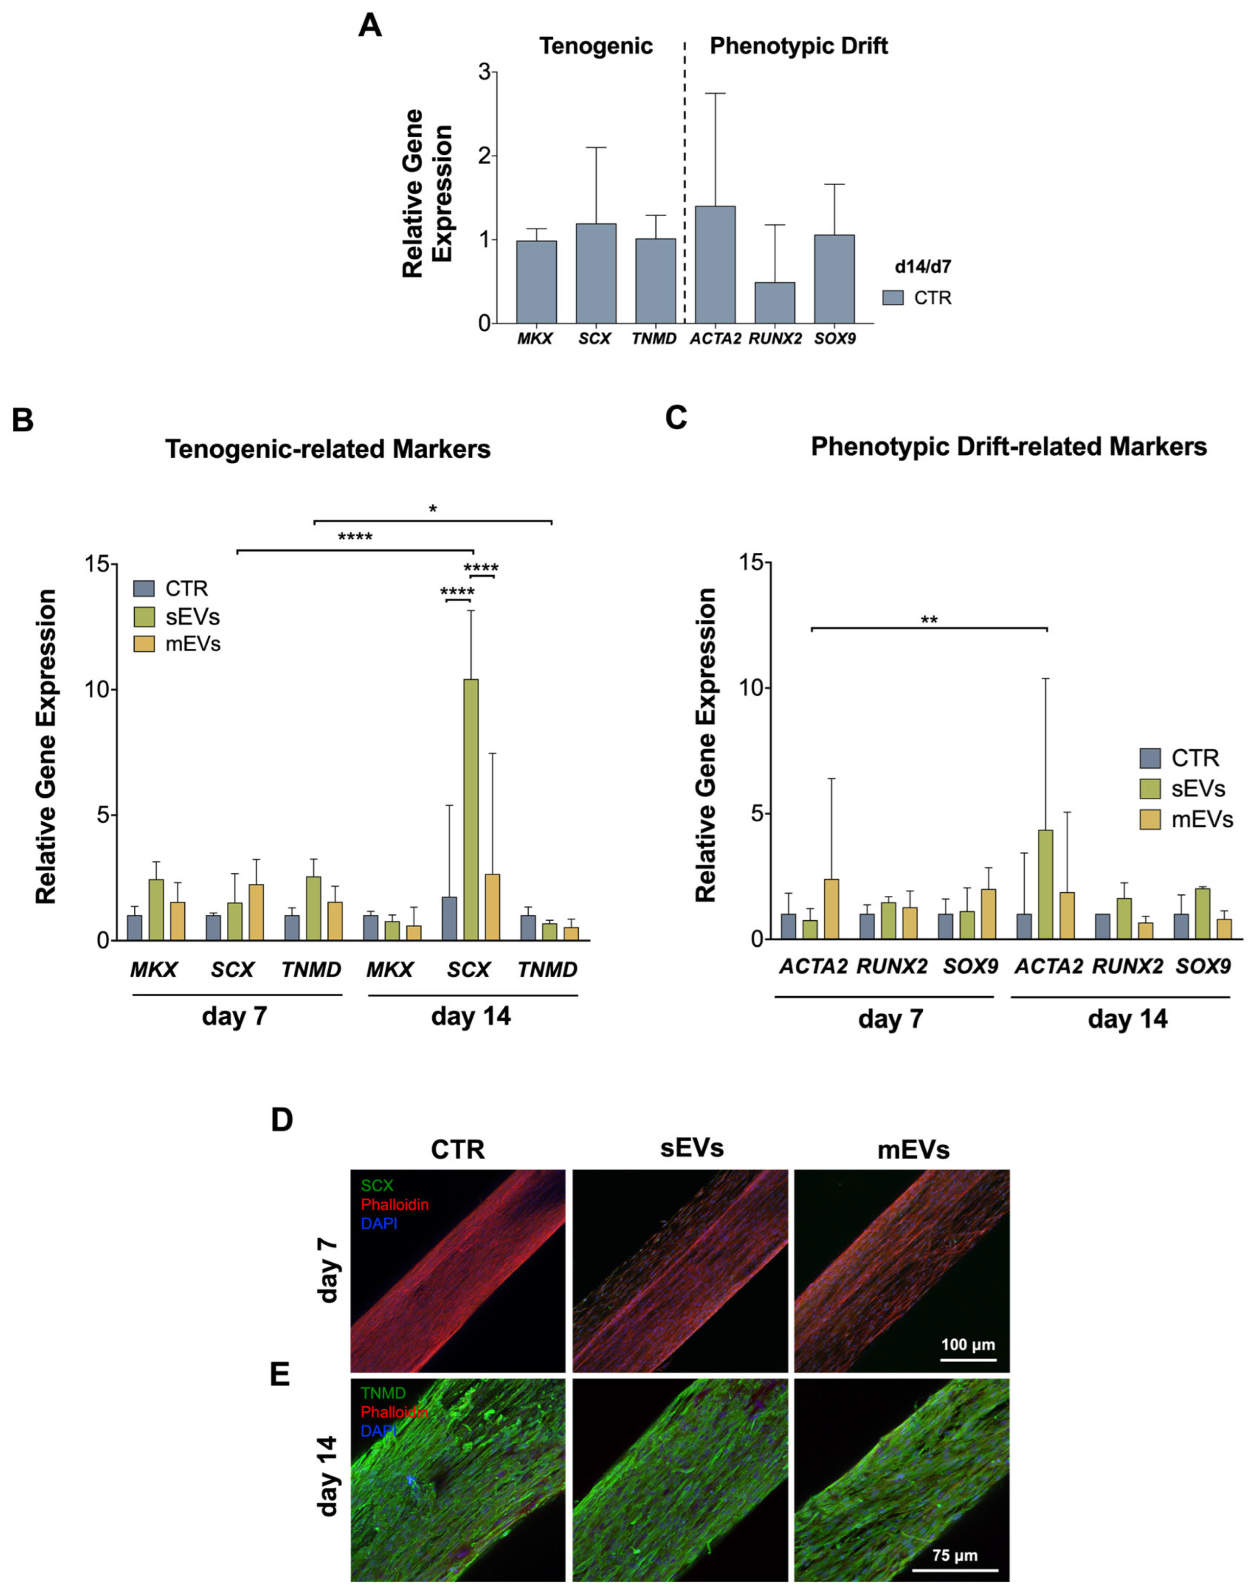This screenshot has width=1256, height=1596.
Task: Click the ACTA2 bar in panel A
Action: (x=715, y=265)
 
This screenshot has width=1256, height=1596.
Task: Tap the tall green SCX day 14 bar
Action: (x=470, y=809)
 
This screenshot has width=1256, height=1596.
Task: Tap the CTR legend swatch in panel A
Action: (x=893, y=298)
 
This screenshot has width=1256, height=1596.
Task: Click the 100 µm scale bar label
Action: (x=968, y=1345)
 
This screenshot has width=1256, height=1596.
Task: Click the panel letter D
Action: (x=282, y=1120)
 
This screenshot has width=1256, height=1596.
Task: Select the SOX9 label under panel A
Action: (x=835, y=340)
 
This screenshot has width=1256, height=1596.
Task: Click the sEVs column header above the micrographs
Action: (x=691, y=1148)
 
